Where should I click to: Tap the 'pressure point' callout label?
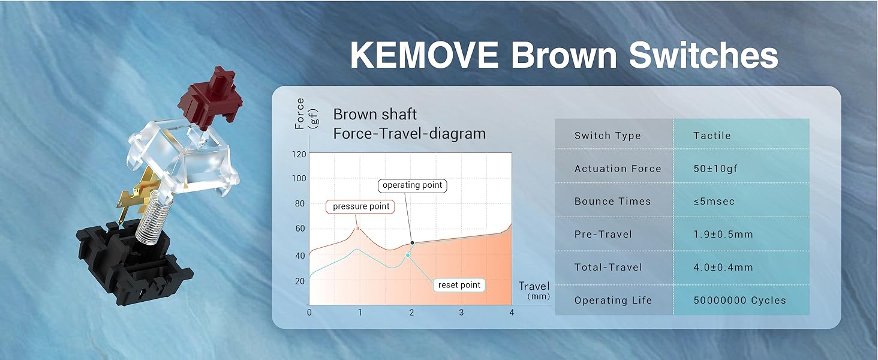(360, 206)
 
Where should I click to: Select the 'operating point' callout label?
(412, 185)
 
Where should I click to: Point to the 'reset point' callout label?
(459, 285)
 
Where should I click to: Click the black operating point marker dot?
(413, 243)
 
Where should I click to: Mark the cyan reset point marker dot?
(408, 255)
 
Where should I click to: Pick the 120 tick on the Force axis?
(299, 155)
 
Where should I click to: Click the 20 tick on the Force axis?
(300, 281)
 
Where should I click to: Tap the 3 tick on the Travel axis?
(461, 313)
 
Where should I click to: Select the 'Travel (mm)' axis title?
(535, 290)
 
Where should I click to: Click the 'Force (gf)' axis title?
(306, 114)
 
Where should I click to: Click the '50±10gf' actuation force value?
(715, 169)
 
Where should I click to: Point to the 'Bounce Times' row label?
(612, 201)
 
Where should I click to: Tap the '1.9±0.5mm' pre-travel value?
(723, 235)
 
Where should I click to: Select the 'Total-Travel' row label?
(608, 268)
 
